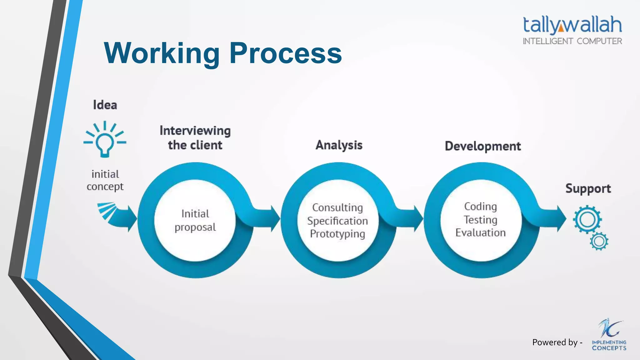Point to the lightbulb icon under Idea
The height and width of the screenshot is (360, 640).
[x=105, y=140]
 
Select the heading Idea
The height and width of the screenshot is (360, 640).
[x=105, y=105]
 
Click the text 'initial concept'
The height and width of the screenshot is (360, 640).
[x=105, y=180]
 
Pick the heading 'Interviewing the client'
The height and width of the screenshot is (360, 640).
[x=195, y=138]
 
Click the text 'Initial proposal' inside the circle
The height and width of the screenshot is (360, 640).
[x=195, y=220]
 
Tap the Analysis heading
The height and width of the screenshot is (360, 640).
[x=339, y=145]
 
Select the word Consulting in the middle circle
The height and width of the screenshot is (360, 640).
[x=337, y=207]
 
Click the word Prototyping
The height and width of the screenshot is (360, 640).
[x=337, y=234]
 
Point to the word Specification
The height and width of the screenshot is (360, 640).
[x=337, y=221]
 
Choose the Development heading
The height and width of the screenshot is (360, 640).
[x=483, y=146]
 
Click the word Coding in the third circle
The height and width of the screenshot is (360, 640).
[x=480, y=207]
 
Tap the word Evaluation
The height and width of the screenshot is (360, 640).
[x=480, y=233]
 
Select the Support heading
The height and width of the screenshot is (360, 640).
[x=588, y=189]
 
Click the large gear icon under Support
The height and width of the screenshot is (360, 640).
[x=587, y=219]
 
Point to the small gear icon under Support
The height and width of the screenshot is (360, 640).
[x=599, y=242]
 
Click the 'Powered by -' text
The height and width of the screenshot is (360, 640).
[x=557, y=342]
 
